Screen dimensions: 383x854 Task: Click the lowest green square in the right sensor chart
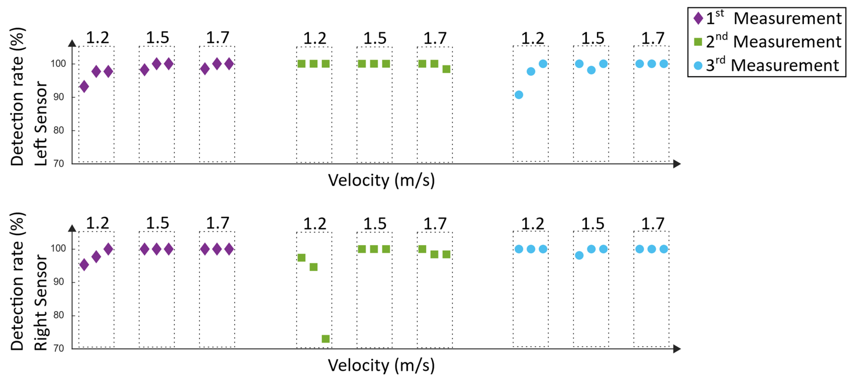325,339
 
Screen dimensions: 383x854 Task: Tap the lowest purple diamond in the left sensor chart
84,87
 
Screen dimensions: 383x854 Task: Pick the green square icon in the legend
698,42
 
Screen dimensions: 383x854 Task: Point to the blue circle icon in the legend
698,66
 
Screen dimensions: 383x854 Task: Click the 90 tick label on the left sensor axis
59,97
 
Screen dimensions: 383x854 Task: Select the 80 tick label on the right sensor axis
59,315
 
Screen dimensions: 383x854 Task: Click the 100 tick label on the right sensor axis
58,248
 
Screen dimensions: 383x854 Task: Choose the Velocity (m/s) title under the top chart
381,181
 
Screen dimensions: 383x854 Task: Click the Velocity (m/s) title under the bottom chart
381,366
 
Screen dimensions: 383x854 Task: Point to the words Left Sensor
41,123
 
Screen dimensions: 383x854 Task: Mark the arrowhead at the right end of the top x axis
677,164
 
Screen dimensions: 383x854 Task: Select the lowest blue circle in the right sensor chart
579,255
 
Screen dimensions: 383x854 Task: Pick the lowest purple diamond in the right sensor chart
84,264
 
